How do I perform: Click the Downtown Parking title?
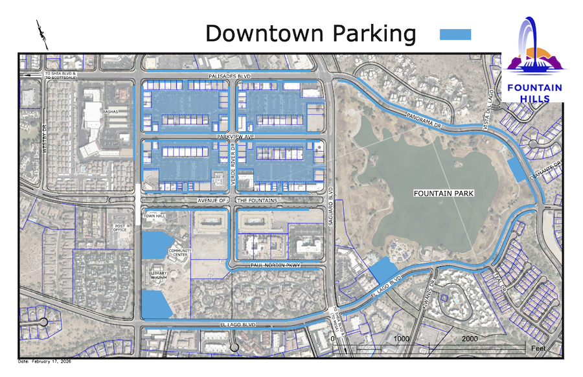(310, 33)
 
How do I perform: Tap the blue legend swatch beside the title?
(455, 34)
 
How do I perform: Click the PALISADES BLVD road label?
(229, 76)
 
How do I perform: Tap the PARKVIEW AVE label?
(234, 137)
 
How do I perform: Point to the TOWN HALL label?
(155, 216)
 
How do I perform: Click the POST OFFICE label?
(120, 227)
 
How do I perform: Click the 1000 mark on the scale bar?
(401, 339)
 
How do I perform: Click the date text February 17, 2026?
(45, 361)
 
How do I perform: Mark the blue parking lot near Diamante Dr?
(518, 170)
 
